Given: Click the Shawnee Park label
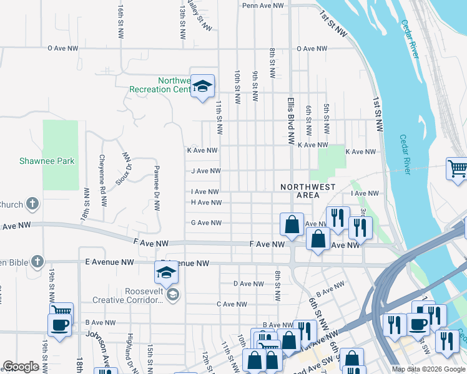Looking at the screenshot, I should tap(56, 161).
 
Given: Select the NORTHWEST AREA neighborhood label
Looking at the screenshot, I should tap(308, 191).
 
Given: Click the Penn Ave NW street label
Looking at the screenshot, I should tap(263, 5).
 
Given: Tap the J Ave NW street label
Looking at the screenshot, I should tap(206, 171).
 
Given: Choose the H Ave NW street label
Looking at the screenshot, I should tap(206, 203).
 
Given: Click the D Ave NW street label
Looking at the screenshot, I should tap(248, 284).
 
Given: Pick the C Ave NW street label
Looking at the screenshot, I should tap(232, 304).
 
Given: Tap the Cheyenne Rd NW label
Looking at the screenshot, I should tap(103, 172).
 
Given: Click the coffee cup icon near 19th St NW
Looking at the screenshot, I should tap(60, 326).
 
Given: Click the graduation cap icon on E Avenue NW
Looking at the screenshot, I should tap(167, 272).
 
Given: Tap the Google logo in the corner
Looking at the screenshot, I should tap(21, 367).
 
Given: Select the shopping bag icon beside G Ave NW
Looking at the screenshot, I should tap(292, 224).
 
